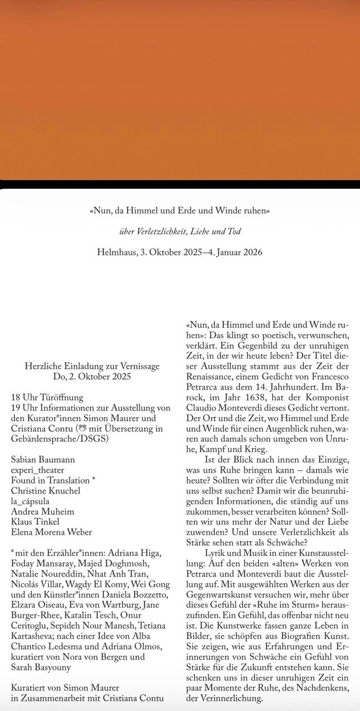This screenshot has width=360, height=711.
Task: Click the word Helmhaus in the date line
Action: [x=116, y=252]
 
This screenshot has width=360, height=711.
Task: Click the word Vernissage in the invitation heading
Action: [x=140, y=366]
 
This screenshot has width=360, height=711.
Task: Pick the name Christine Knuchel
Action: [x=45, y=490]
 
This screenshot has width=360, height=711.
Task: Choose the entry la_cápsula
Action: [x=30, y=501]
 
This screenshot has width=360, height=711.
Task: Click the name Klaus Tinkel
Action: [x=35, y=522]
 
